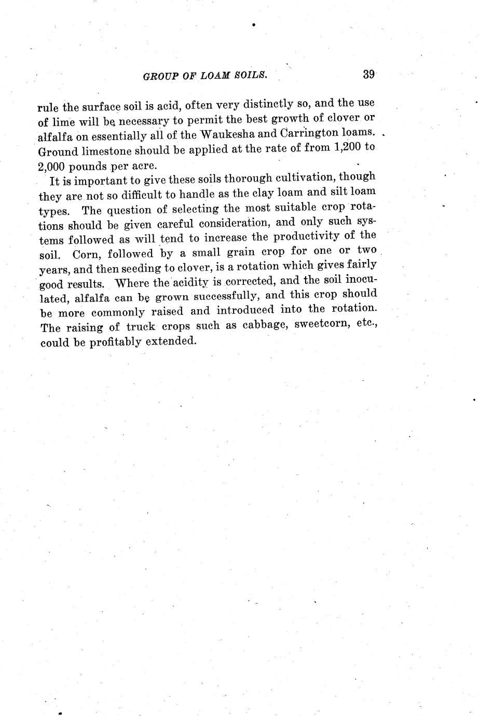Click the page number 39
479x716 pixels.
pos(368,74)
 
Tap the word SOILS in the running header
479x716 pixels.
pos(250,75)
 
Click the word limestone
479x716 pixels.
pos(104,152)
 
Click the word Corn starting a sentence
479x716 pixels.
pos(86,255)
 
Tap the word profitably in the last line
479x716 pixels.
pos(114,342)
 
